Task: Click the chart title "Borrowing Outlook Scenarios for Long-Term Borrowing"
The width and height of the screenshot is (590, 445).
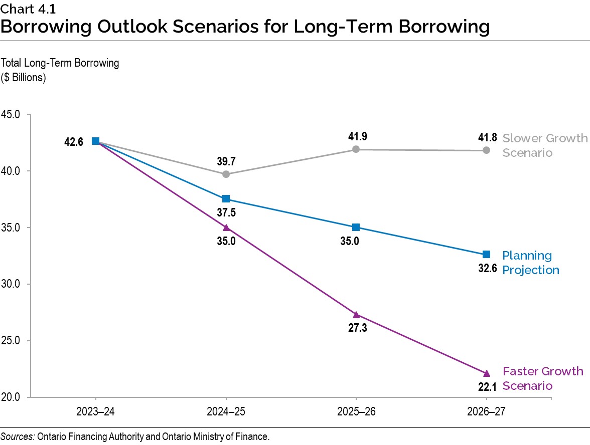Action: click(x=245, y=27)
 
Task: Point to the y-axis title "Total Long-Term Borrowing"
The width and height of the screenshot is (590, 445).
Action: click(x=60, y=63)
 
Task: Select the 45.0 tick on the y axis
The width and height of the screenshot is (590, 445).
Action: click(x=11, y=114)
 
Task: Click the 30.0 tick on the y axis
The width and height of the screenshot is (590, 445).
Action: click(x=11, y=284)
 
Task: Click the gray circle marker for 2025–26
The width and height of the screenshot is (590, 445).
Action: click(x=356, y=149)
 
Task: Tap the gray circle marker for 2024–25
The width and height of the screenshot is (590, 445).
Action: click(x=226, y=174)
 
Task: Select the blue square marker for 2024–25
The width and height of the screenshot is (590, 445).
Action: click(x=226, y=199)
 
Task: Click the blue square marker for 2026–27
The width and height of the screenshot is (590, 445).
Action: click(x=486, y=255)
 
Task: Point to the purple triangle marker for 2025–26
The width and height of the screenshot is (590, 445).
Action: click(x=356, y=315)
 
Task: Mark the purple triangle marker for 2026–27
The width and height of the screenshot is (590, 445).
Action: click(x=486, y=373)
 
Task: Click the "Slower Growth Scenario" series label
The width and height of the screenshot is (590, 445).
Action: click(x=544, y=145)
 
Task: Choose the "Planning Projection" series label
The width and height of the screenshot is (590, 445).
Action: click(x=530, y=263)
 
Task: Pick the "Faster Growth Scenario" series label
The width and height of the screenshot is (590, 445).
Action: click(x=543, y=378)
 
